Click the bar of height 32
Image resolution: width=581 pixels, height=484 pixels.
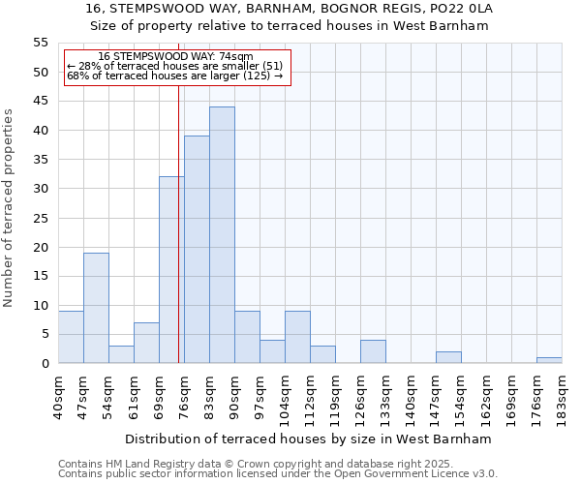click(171, 270)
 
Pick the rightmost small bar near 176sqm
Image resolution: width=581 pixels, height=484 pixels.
click(549, 360)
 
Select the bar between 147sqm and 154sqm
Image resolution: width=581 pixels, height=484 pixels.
click(448, 357)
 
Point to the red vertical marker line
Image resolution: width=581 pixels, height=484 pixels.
click(179, 242)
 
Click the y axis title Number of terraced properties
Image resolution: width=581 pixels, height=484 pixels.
click(9, 208)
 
